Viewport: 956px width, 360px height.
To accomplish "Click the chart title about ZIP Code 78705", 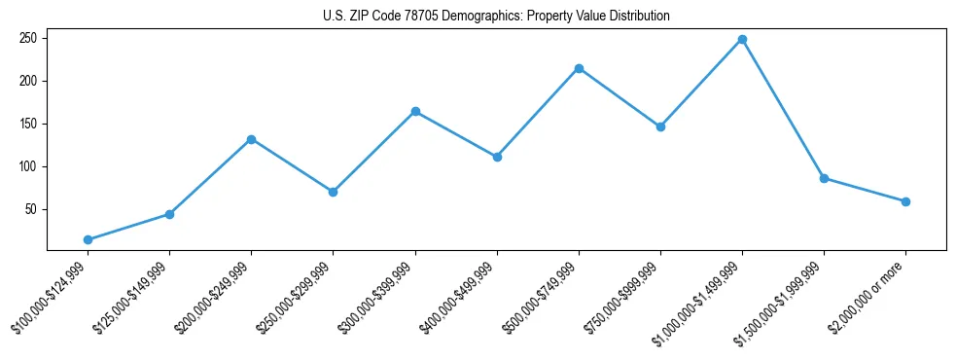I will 496,17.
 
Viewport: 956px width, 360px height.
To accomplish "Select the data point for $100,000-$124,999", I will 89,239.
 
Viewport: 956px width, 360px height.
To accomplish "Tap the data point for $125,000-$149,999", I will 170,214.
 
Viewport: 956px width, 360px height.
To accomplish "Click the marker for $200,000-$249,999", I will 252,139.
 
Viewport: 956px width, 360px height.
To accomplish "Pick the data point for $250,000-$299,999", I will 334,192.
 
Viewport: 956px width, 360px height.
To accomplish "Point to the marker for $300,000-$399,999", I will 415,112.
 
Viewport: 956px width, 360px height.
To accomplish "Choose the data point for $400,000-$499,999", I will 497,157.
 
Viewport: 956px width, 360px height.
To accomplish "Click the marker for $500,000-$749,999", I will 579,68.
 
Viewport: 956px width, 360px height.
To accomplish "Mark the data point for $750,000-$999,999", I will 660,126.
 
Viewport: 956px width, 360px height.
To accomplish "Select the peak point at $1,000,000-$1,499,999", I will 742,39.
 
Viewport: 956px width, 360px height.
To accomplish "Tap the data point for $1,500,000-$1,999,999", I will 824,178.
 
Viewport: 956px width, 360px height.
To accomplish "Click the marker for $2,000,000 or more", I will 905,201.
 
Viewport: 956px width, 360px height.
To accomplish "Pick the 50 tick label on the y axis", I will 30,209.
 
